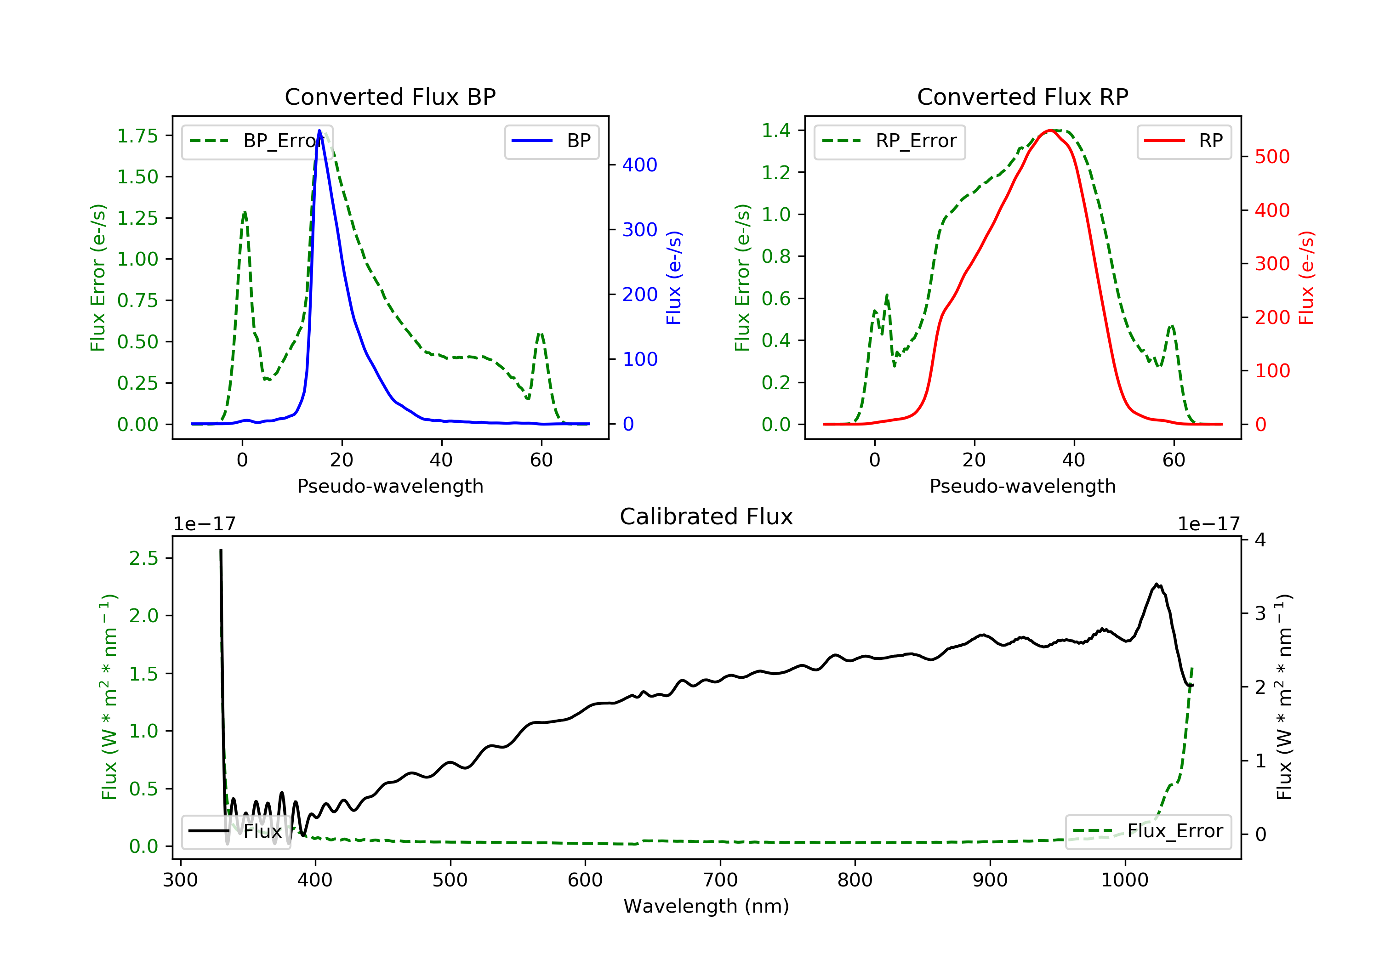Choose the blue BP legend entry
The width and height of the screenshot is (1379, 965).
551,141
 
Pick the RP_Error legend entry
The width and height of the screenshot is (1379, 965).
889,141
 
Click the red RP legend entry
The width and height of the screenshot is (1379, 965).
1183,141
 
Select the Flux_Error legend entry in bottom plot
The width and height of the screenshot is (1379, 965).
1148,831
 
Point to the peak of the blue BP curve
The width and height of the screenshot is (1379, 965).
319,131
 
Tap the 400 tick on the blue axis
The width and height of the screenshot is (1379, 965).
640,165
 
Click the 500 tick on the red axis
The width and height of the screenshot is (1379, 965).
1272,157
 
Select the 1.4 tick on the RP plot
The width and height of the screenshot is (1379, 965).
775,131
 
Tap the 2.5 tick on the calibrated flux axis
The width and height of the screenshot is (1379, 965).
143,558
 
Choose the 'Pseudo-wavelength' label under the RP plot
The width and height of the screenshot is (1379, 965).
1022,486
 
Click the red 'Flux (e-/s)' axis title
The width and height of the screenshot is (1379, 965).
1306,278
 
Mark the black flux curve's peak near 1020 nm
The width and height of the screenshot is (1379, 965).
1156,584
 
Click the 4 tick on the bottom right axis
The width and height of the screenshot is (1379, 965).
1260,540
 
